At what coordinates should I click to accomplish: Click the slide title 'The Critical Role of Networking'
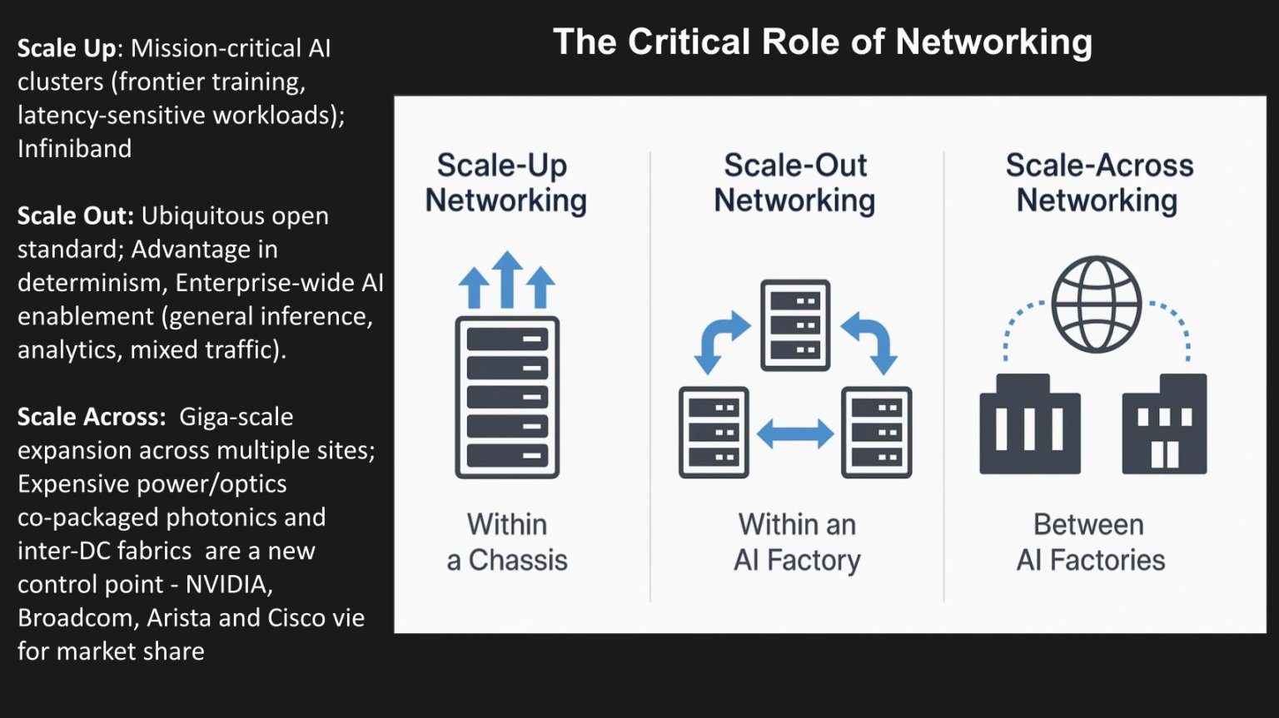click(822, 42)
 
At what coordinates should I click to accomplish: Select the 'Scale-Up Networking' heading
click(505, 183)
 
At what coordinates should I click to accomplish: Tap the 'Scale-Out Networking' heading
click(794, 183)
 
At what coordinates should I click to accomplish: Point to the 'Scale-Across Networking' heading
click(1098, 183)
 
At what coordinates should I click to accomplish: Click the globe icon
click(1096, 304)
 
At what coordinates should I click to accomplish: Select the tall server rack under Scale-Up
click(506, 397)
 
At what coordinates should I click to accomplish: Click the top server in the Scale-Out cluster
click(795, 324)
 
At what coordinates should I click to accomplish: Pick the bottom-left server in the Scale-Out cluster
click(714, 432)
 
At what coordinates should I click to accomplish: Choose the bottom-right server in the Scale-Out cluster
click(876, 432)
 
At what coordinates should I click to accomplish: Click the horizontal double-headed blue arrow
click(794, 433)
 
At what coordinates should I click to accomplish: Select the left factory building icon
click(1029, 425)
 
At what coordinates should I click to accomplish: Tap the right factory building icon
click(1164, 425)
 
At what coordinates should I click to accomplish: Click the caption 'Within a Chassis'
click(506, 542)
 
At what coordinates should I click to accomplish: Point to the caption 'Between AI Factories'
click(1090, 542)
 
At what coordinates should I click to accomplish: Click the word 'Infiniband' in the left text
click(75, 149)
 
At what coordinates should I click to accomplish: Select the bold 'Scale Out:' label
click(76, 215)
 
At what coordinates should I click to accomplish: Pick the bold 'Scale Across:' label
click(92, 417)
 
